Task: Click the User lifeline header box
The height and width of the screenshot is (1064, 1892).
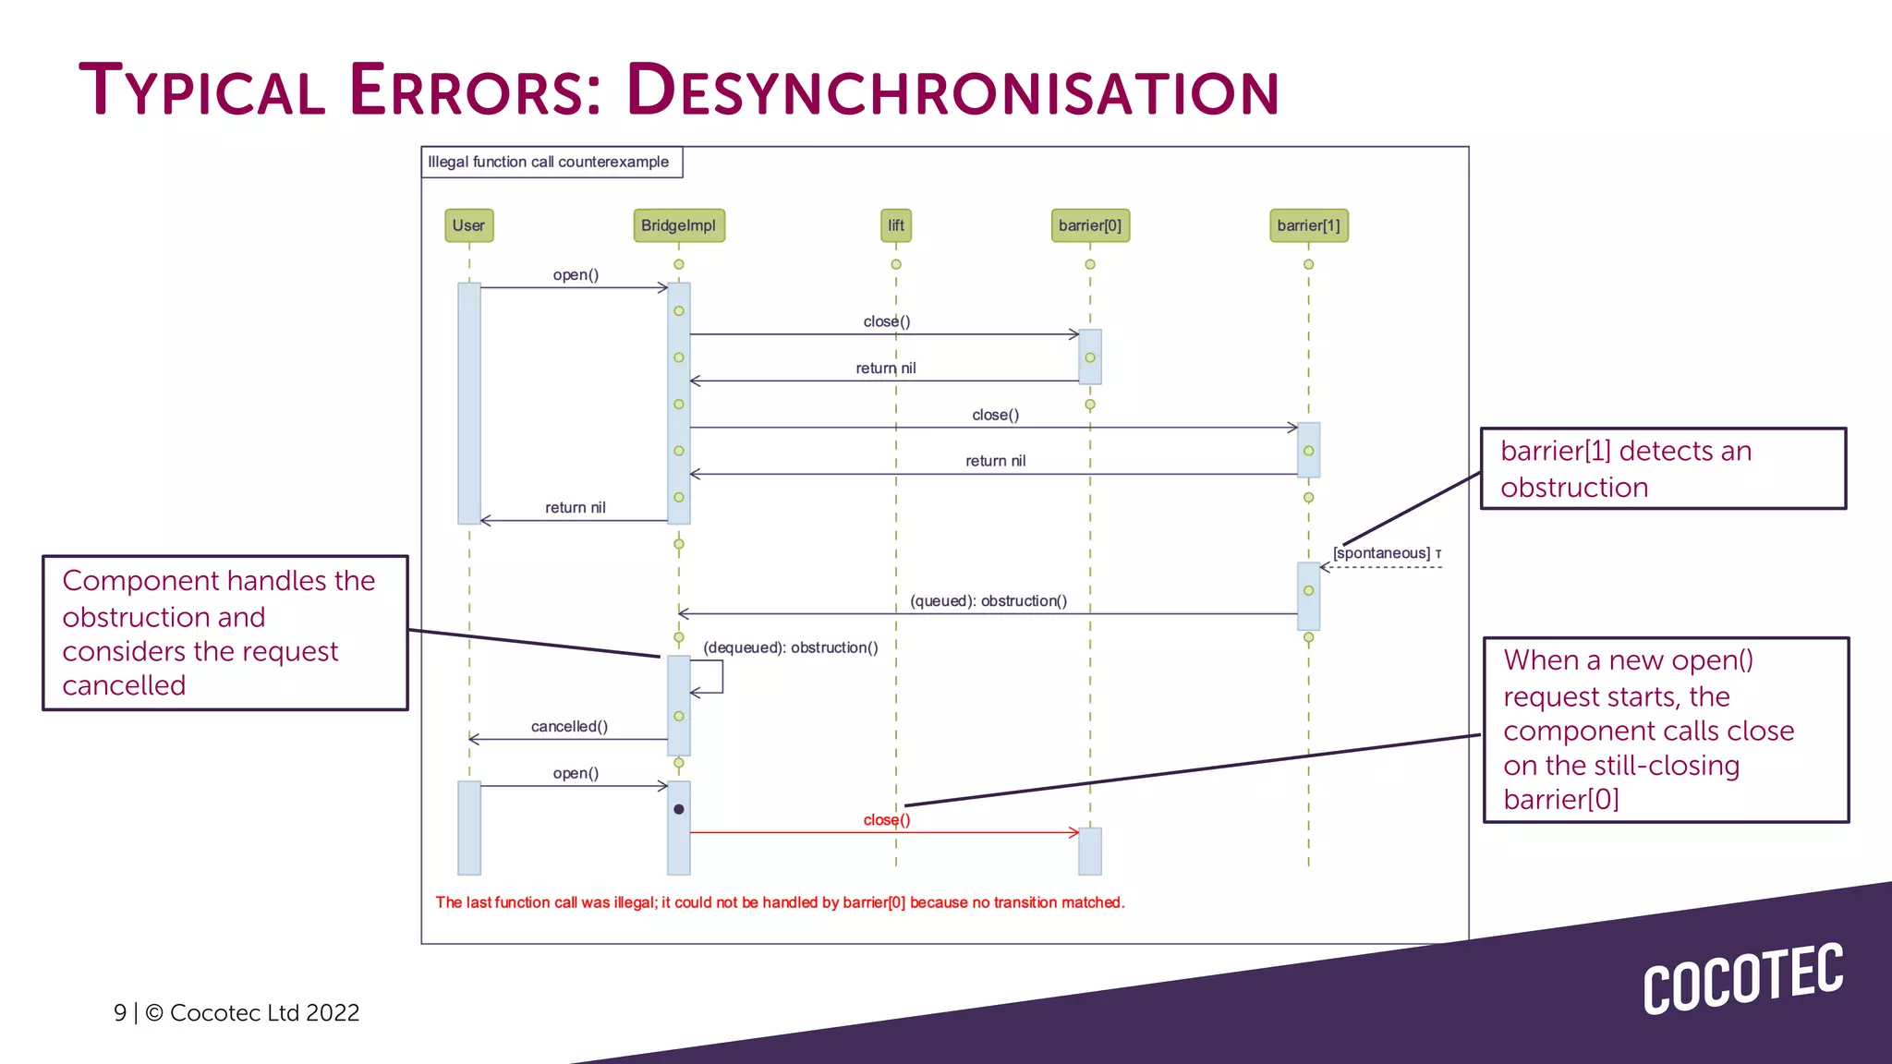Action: pos(468,225)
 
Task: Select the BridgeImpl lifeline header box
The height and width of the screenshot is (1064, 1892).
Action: pos(678,225)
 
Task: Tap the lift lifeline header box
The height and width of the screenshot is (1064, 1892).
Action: pos(895,225)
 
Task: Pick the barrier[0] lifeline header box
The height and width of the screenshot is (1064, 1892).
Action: pos(1089,225)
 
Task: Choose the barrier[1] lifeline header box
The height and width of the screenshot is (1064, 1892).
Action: pos(1308,225)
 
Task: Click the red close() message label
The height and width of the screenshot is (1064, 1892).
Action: pos(886,820)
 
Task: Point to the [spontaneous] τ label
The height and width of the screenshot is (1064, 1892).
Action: pos(1386,553)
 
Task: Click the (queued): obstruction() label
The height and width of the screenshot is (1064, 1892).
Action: pos(988,601)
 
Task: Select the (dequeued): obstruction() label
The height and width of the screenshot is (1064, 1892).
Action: pos(790,647)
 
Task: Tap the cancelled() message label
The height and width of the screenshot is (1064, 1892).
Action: pos(569,727)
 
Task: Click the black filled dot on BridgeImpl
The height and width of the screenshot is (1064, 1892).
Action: pos(679,809)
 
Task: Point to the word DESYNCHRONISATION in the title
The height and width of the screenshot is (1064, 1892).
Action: pos(952,91)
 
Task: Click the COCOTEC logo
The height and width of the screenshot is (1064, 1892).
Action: pos(1742,979)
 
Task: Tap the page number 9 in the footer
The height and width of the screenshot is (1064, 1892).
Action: pos(120,1013)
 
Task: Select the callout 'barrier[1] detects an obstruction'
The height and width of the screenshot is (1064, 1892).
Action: pos(1662,468)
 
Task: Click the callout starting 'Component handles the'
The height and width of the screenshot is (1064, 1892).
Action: pos(224,633)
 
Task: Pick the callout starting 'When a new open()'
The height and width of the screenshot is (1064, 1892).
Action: pos(1665,729)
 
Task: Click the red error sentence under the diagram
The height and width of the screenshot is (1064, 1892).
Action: pos(779,902)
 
